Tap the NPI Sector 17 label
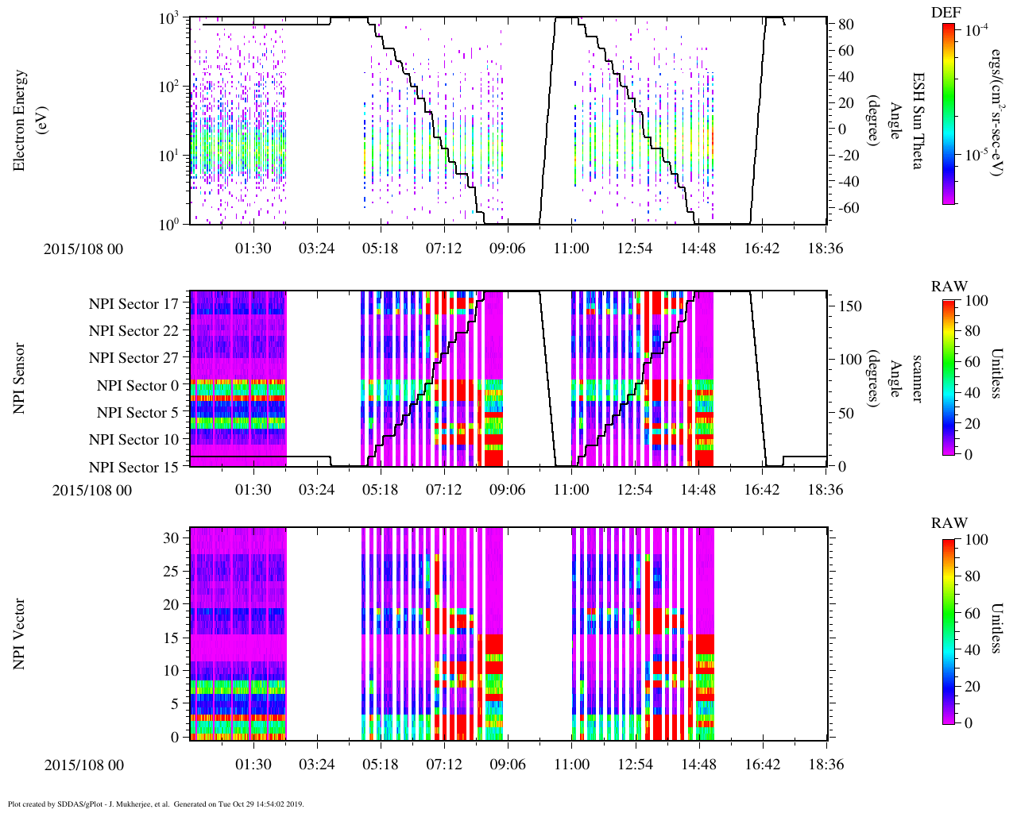133,304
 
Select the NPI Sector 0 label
137,386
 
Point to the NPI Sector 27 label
133,358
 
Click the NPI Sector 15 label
133,468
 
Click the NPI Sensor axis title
19,379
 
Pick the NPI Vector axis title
19,635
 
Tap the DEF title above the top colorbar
946,12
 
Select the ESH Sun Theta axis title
918,121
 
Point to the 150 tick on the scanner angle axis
850,306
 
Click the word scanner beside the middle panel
918,379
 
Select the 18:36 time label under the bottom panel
826,765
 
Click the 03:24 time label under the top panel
316,249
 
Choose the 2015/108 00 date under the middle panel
92,491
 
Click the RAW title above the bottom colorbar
949,523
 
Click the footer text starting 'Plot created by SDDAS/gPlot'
156,804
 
